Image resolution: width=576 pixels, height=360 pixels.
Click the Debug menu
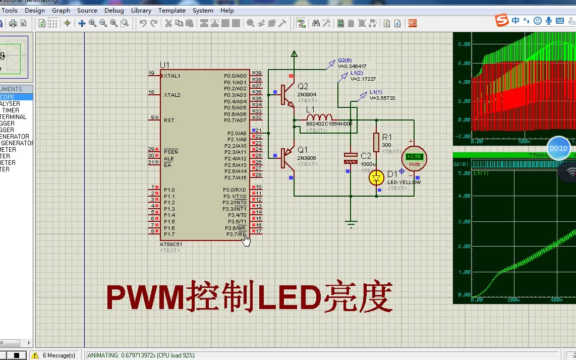pyautogui.click(x=114, y=10)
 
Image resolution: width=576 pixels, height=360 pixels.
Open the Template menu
pyautogui.click(x=171, y=10)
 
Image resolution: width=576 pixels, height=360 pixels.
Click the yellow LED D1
pyautogui.click(x=376, y=177)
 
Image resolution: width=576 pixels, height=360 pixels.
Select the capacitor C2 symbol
pyautogui.click(x=351, y=158)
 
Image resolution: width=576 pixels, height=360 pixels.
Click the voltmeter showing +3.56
pyautogui.click(x=414, y=158)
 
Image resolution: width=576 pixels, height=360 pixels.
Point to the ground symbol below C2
pyautogui.click(x=351, y=224)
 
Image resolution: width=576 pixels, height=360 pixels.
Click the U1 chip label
pyautogui.click(x=165, y=65)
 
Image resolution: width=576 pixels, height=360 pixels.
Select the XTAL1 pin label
pyautogui.click(x=172, y=76)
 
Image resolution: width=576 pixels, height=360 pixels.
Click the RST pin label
pyautogui.click(x=169, y=121)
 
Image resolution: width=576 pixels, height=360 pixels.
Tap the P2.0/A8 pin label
pyautogui.click(x=237, y=133)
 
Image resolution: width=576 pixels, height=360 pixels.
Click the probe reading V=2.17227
pyautogui.click(x=363, y=79)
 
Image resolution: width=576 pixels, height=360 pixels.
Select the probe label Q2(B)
pyautogui.click(x=345, y=60)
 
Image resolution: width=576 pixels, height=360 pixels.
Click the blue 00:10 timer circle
pyautogui.click(x=559, y=148)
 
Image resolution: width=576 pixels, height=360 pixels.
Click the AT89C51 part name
pyautogui.click(x=171, y=244)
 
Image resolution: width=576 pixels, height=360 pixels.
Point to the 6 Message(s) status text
pyautogui.click(x=59, y=355)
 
